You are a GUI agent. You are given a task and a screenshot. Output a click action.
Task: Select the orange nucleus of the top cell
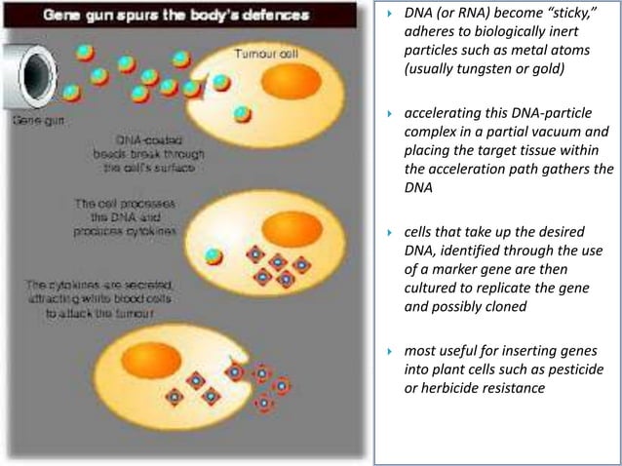click(290, 82)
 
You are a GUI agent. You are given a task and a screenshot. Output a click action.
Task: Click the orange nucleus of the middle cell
click(292, 228)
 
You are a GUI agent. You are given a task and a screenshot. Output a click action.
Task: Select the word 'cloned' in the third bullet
click(508, 306)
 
